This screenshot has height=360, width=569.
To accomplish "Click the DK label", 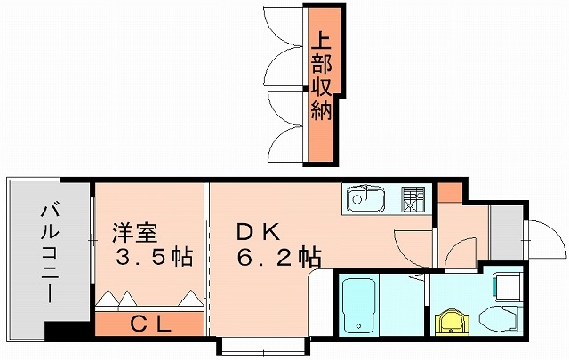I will (x=259, y=234).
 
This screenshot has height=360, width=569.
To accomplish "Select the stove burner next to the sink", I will (x=411, y=198).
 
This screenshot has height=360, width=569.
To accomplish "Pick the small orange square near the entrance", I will (x=450, y=191).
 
